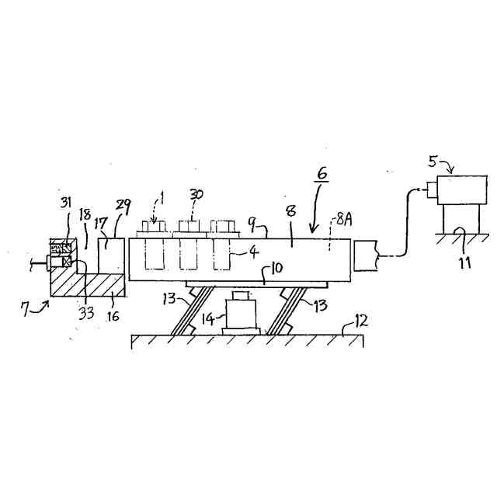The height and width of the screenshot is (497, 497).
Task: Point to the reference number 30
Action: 196,194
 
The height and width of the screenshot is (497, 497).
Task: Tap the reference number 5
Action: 433,162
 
